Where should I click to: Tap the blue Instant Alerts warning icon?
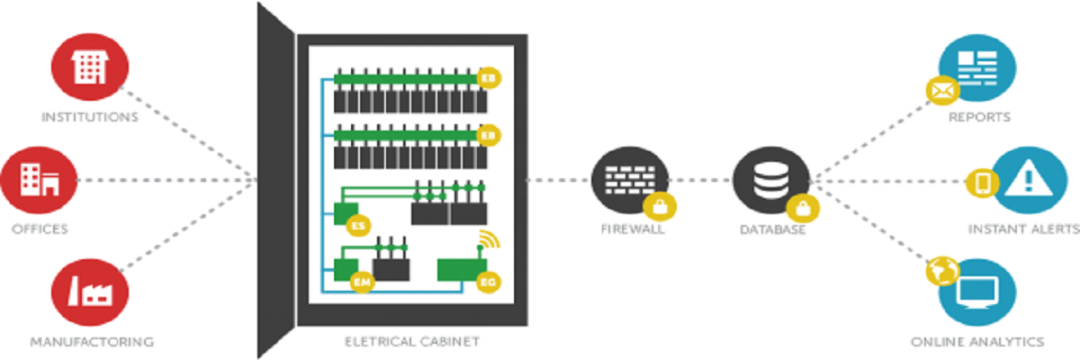pyautogui.click(x=1024, y=180)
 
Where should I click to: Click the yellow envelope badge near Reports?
pyautogui.click(x=940, y=89)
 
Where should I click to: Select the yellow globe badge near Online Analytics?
pyautogui.click(x=940, y=268)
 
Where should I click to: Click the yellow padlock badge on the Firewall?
pyautogui.click(x=660, y=206)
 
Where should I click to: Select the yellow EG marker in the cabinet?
pyautogui.click(x=489, y=283)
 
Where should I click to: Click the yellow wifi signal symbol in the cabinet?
pyautogui.click(x=486, y=240)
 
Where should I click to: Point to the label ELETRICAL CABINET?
pyautogui.click(x=412, y=342)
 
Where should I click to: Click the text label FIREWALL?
pyautogui.click(x=633, y=229)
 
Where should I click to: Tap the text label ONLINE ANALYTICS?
pyautogui.click(x=976, y=342)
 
